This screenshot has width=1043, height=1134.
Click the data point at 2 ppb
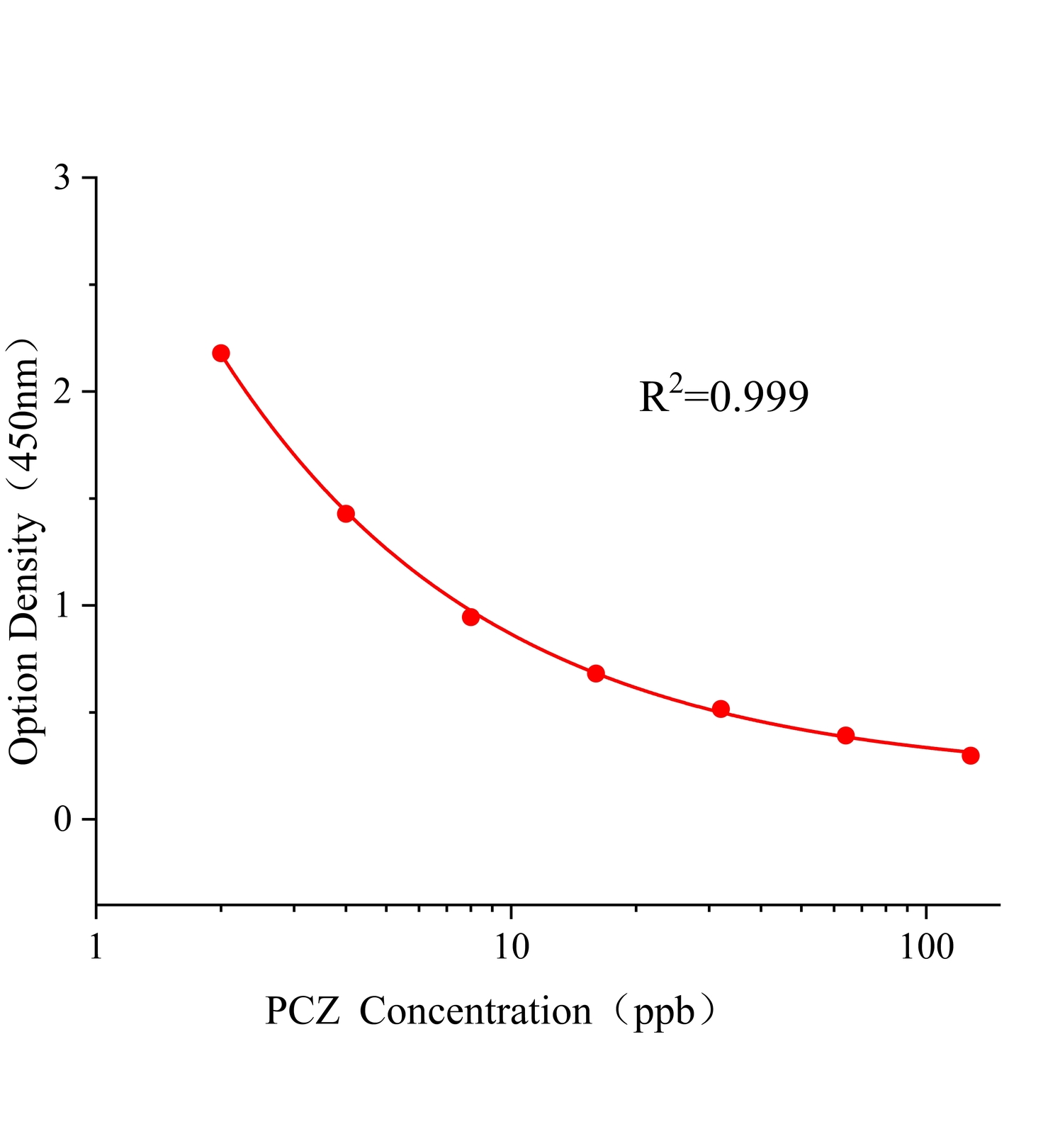point(221,353)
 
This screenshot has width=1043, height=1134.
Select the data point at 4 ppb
point(346,514)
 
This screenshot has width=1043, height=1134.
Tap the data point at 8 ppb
point(470,617)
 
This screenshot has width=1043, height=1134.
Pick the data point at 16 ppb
point(596,673)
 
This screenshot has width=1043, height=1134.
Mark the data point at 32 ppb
point(721,709)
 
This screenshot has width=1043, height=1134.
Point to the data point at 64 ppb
point(845,735)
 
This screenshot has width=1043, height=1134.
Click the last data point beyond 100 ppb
point(971,756)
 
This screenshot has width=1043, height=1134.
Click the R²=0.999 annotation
point(723,396)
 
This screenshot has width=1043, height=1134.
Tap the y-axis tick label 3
point(62,178)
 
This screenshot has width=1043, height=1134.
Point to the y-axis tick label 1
point(62,605)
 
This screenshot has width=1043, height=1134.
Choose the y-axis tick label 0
point(62,819)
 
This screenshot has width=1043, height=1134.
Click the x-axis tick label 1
point(96,948)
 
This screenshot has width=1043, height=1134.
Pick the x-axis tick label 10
point(512,948)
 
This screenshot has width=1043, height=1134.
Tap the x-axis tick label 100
point(927,948)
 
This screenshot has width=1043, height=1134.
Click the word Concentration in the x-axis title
point(475,1012)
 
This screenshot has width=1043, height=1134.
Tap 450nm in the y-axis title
point(24,411)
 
